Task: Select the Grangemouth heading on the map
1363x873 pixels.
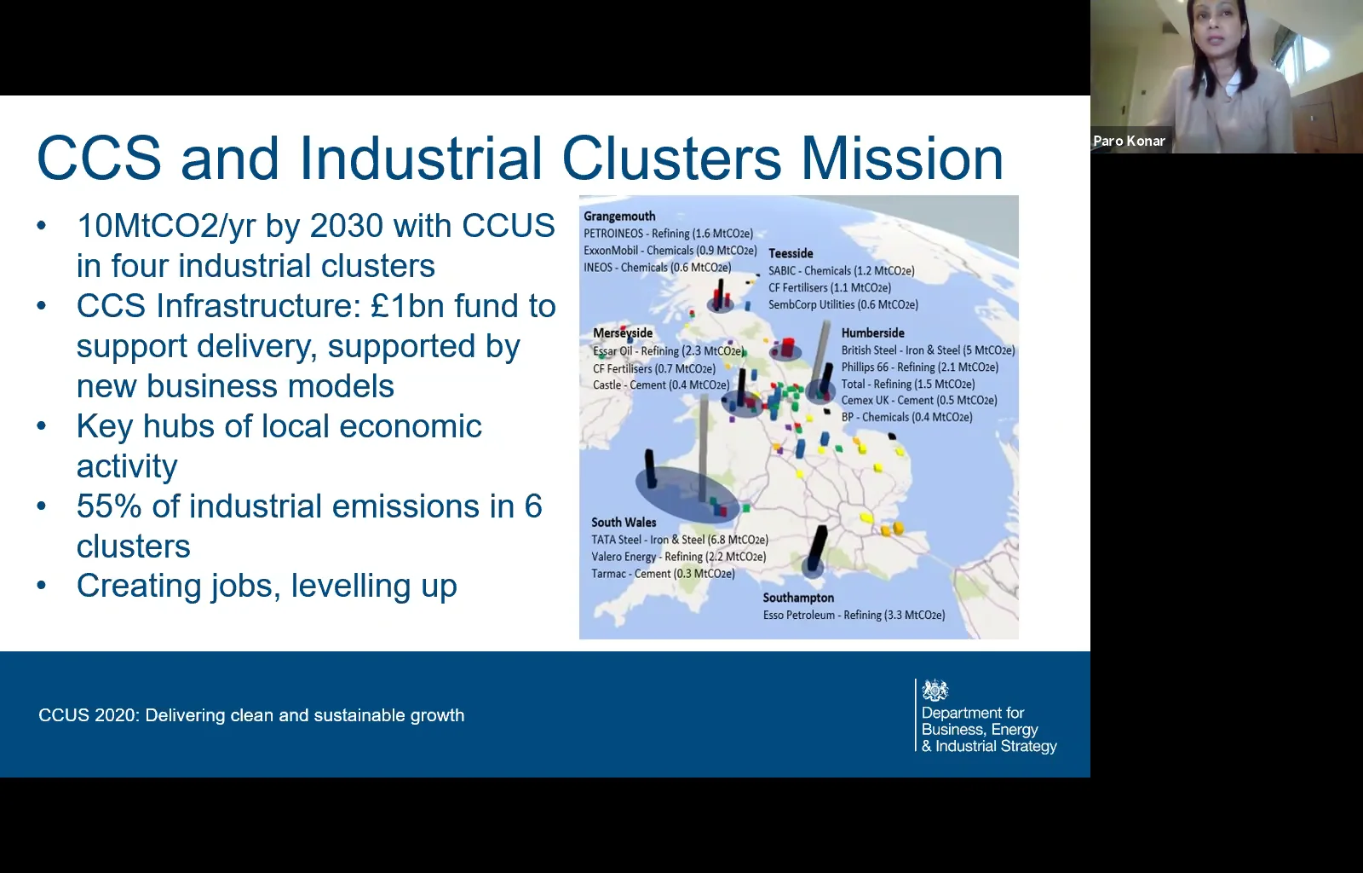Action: (x=619, y=217)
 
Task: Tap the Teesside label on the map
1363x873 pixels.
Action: (x=791, y=253)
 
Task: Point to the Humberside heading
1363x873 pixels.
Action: (x=872, y=333)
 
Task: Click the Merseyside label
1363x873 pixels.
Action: (x=623, y=333)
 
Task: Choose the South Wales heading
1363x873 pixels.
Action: (x=624, y=523)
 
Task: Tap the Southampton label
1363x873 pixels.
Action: (x=798, y=598)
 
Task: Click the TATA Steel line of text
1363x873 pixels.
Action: (x=680, y=540)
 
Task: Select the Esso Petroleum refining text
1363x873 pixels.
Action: (x=854, y=615)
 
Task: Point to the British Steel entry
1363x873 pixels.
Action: (x=928, y=350)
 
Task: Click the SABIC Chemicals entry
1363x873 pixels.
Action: (x=841, y=271)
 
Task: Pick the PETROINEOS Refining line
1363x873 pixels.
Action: (x=668, y=234)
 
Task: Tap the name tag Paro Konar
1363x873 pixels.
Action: (x=1129, y=142)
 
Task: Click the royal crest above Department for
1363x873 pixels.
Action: (x=935, y=690)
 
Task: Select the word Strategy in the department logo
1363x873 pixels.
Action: (x=1027, y=746)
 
